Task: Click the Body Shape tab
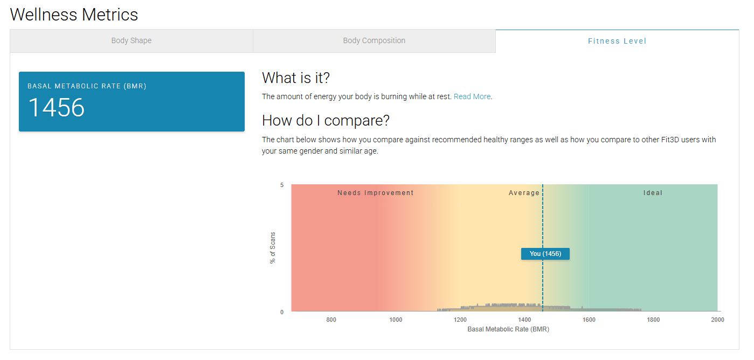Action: coord(132,41)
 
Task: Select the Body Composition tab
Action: coord(374,41)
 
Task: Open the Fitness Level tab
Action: coord(617,41)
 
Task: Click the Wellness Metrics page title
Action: coord(74,15)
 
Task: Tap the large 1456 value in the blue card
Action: coord(56,108)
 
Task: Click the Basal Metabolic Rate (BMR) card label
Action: coord(87,86)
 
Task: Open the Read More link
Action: coord(472,96)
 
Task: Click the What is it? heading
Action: coord(296,78)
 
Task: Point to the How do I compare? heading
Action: coord(326,120)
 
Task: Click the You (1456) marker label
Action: coord(545,254)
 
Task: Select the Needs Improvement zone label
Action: coord(375,193)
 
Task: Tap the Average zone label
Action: coord(524,193)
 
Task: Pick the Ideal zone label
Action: coord(653,193)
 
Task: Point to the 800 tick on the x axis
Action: coord(331,320)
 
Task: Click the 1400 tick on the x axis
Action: coord(524,320)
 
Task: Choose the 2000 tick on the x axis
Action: coord(718,320)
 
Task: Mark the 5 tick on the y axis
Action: coord(282,185)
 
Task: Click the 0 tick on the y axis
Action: coord(282,312)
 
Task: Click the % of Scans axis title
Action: coord(273,247)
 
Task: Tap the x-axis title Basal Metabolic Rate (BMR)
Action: coord(508,329)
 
